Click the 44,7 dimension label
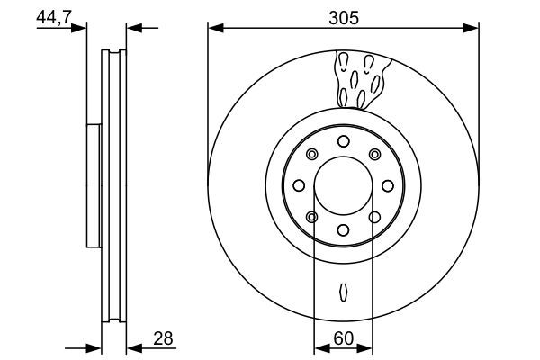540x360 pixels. tap(53, 17)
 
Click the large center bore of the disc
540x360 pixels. tap(343, 185)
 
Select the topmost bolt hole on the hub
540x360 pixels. tap(343, 141)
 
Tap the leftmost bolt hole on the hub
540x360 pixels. tap(299, 185)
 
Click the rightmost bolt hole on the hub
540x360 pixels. tap(387, 185)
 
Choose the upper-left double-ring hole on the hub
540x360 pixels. tap(311, 155)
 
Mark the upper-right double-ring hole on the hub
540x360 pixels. tap(374, 155)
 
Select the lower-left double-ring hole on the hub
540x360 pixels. tap(311, 217)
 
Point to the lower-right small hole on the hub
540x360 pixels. tap(374, 217)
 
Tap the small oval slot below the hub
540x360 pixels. tap(343, 292)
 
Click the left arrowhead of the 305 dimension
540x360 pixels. tap(214, 30)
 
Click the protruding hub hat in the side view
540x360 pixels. tap(92, 185)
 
